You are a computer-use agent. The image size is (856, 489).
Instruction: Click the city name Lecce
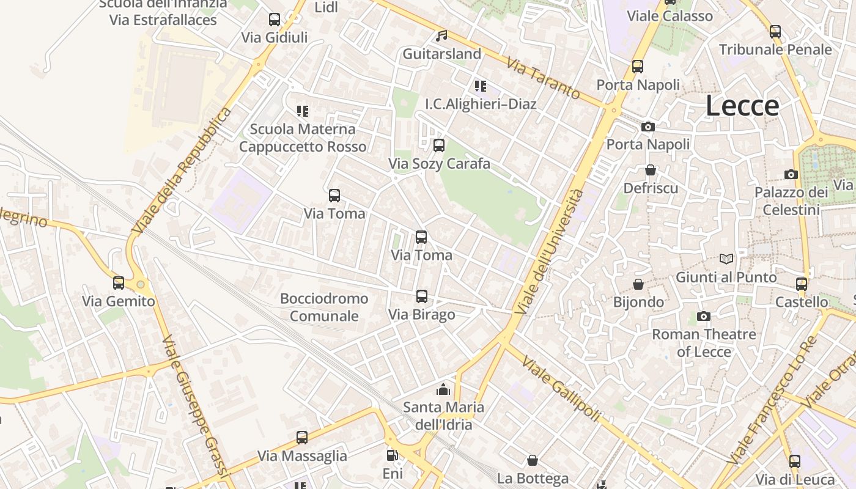tap(742, 106)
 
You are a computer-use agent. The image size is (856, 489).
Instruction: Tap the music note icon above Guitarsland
tap(441, 35)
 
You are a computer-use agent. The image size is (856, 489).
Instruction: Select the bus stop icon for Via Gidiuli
tap(275, 20)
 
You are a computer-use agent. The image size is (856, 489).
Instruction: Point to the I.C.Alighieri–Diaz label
tap(481, 104)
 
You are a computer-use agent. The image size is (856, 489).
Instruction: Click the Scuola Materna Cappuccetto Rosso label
tap(303, 138)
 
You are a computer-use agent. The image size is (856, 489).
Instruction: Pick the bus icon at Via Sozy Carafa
tap(438, 145)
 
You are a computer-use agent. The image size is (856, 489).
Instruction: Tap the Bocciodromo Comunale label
tap(324, 307)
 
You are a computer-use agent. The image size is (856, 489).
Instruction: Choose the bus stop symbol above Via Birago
tap(421, 296)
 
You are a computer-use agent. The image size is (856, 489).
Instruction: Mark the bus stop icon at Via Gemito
tap(119, 283)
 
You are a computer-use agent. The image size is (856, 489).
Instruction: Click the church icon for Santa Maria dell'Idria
tap(443, 389)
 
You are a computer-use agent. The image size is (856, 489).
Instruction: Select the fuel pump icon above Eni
tap(392, 455)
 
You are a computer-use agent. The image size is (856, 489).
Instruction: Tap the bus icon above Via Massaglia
tap(302, 438)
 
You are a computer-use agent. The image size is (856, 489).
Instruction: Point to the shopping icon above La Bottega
tap(533, 460)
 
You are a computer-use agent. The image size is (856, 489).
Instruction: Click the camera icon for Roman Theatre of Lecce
tap(704, 316)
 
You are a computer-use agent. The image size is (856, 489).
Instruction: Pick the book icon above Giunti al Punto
tap(726, 259)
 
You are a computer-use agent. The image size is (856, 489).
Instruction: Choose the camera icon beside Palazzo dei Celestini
tap(791, 174)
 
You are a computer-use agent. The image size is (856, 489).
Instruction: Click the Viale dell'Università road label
tap(549, 252)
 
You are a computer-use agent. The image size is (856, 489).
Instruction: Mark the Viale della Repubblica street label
tap(182, 171)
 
